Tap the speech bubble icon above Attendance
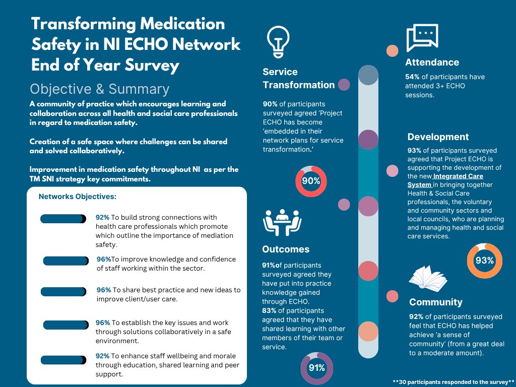[x=422, y=38]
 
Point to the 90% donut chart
[x=311, y=181]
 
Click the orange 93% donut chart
[x=484, y=261]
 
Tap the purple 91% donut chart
[x=316, y=368]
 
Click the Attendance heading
[x=432, y=62]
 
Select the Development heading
[x=438, y=137]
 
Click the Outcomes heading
[x=286, y=249]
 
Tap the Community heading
[x=435, y=302]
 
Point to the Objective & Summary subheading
[x=99, y=89]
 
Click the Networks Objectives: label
[x=77, y=197]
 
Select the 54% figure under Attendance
[x=413, y=77]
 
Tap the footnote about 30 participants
[x=453, y=381]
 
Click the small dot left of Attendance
[x=392, y=51]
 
